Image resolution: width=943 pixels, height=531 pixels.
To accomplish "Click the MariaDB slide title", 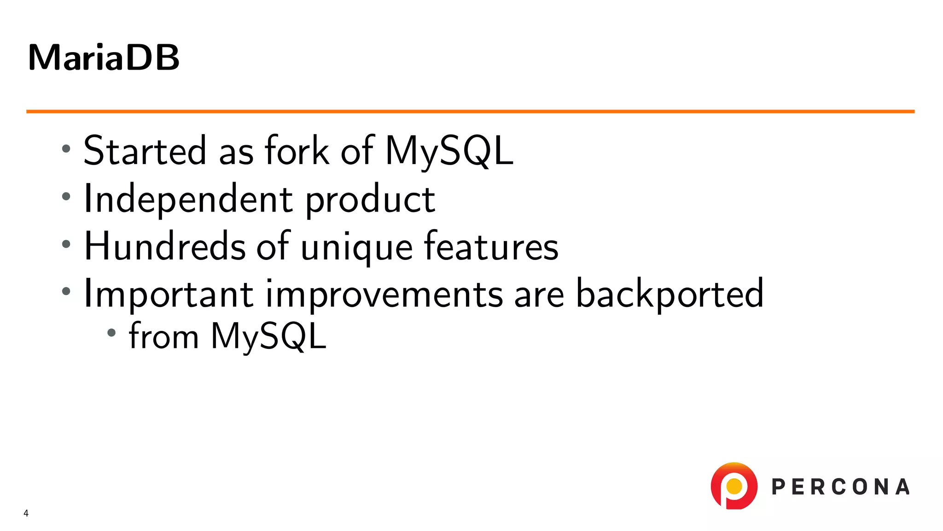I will point(104,58).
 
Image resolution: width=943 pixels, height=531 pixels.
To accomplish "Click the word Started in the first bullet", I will point(145,151).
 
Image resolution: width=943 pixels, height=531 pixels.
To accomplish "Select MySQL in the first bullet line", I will point(449,151).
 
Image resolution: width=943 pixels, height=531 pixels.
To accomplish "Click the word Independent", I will point(188,199).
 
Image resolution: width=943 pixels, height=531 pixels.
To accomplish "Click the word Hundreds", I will point(165,247).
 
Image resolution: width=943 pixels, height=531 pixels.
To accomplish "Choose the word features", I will point(491,247).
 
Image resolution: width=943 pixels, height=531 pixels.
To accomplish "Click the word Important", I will point(169,294).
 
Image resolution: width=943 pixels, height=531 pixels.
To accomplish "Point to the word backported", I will point(669,294).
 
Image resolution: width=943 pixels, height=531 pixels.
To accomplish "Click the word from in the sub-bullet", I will point(163,336).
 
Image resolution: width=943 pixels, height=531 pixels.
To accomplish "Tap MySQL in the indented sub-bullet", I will point(268,336).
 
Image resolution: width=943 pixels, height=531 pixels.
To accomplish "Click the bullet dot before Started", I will point(66,148).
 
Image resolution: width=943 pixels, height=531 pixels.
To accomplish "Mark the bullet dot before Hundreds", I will point(66,244).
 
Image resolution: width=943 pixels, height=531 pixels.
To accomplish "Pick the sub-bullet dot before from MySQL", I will point(111,332).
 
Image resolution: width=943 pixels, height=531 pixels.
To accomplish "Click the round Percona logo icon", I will point(734,486).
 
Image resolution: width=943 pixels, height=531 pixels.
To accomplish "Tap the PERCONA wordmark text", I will point(841,487).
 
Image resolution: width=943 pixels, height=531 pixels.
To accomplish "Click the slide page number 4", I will point(26,513).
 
